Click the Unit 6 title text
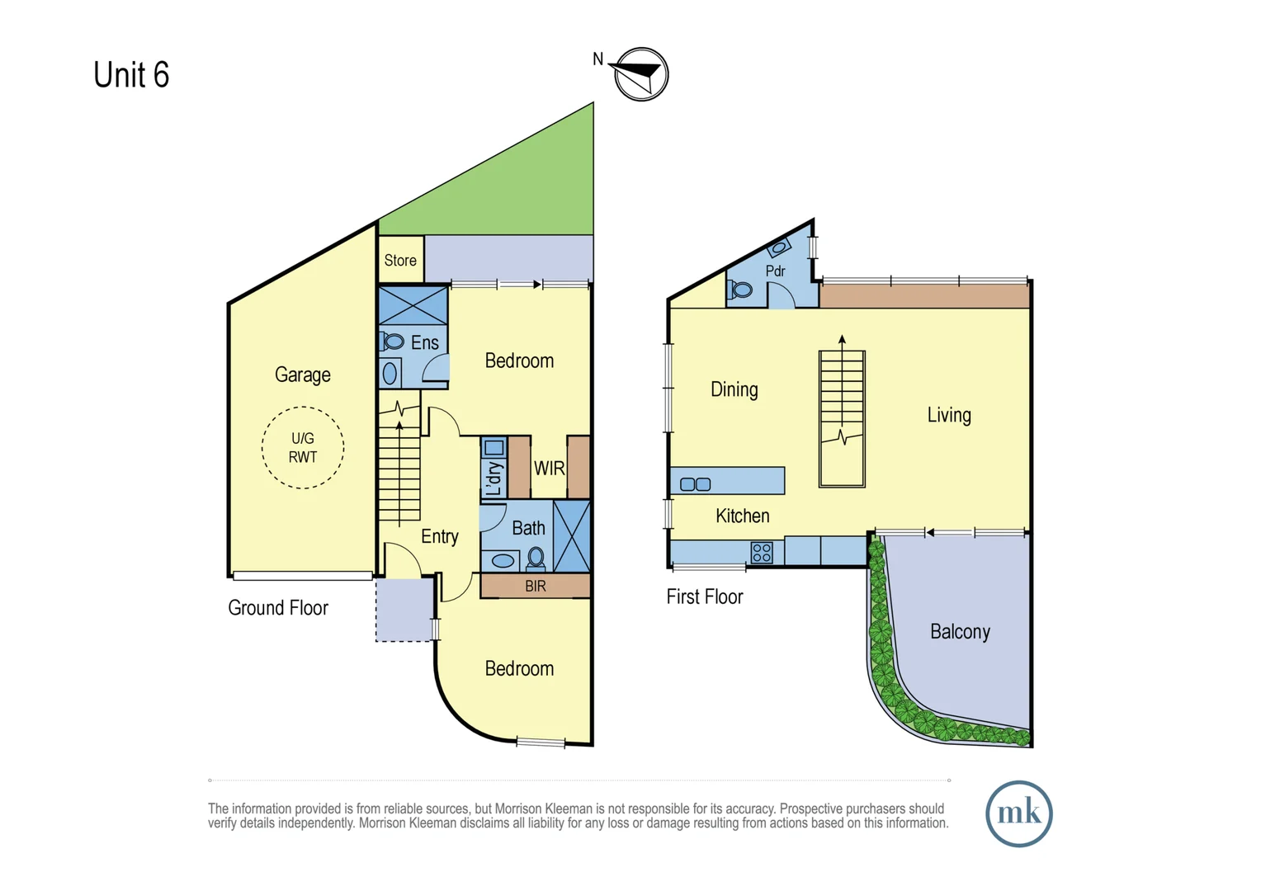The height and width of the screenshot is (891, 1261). pos(131,74)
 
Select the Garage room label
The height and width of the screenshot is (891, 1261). pos(302,375)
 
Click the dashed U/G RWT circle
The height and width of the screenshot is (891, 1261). pos(303,407)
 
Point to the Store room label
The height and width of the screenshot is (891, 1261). pos(400,260)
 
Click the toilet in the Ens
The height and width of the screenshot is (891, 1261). pos(392,341)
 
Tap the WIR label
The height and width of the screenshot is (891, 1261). pos(549,468)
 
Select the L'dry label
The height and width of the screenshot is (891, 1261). pos(494,478)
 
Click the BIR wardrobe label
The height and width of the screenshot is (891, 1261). pos(536,587)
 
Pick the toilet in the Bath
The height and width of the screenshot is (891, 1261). pos(536,558)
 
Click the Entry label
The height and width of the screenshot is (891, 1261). pos(440,536)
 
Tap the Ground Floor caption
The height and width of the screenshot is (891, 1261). pos(278,608)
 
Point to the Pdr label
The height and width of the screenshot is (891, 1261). pos(775,271)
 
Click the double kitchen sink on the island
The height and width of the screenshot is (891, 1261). pos(695,484)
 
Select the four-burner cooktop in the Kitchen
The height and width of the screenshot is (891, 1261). pos(762,552)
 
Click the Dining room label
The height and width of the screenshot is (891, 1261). pos(734,389)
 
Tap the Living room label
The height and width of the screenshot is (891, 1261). pos(949,415)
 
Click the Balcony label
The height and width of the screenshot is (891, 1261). pos(960,631)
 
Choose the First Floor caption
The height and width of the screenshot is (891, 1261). pos(705,596)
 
